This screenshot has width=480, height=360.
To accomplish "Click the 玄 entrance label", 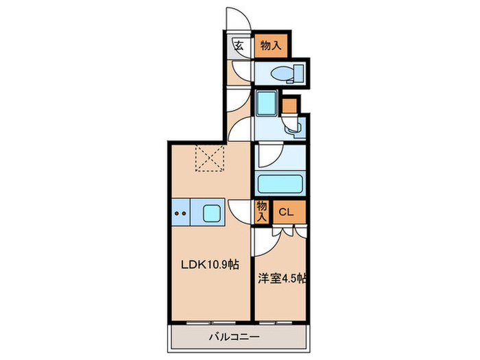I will pyautogui.click(x=239, y=46).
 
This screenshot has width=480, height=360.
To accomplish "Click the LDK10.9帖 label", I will pyautogui.click(x=211, y=263).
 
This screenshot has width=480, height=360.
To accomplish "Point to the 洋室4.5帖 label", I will pyautogui.click(x=281, y=279).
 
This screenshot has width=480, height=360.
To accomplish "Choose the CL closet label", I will pyautogui.click(x=286, y=212).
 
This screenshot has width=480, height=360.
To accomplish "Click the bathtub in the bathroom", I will pyautogui.click(x=280, y=184).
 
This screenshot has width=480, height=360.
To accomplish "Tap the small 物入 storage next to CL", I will pyautogui.click(x=261, y=211).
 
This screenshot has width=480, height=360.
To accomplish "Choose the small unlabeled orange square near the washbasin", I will pyautogui.click(x=289, y=105).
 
